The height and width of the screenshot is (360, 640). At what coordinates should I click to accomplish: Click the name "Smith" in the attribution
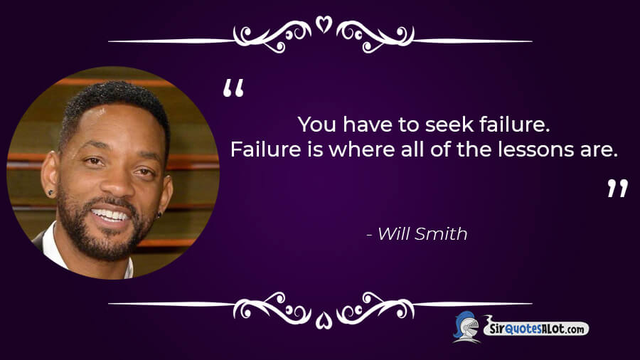pos(441,234)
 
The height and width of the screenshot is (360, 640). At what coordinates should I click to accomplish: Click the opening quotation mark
pos(233,88)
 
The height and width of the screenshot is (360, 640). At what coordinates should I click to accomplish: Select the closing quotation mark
pos(617,188)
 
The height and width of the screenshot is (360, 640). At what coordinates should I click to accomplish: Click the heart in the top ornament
pos(324,23)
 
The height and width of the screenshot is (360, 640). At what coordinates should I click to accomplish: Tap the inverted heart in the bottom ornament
pos(324,320)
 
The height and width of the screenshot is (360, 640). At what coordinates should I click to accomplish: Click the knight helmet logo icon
pos(466,326)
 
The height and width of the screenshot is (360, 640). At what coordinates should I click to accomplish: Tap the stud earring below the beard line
pos(159,214)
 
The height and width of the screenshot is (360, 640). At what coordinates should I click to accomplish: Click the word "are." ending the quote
pos(598,150)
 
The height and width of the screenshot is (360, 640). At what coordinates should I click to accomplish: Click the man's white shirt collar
pos(52,244)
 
